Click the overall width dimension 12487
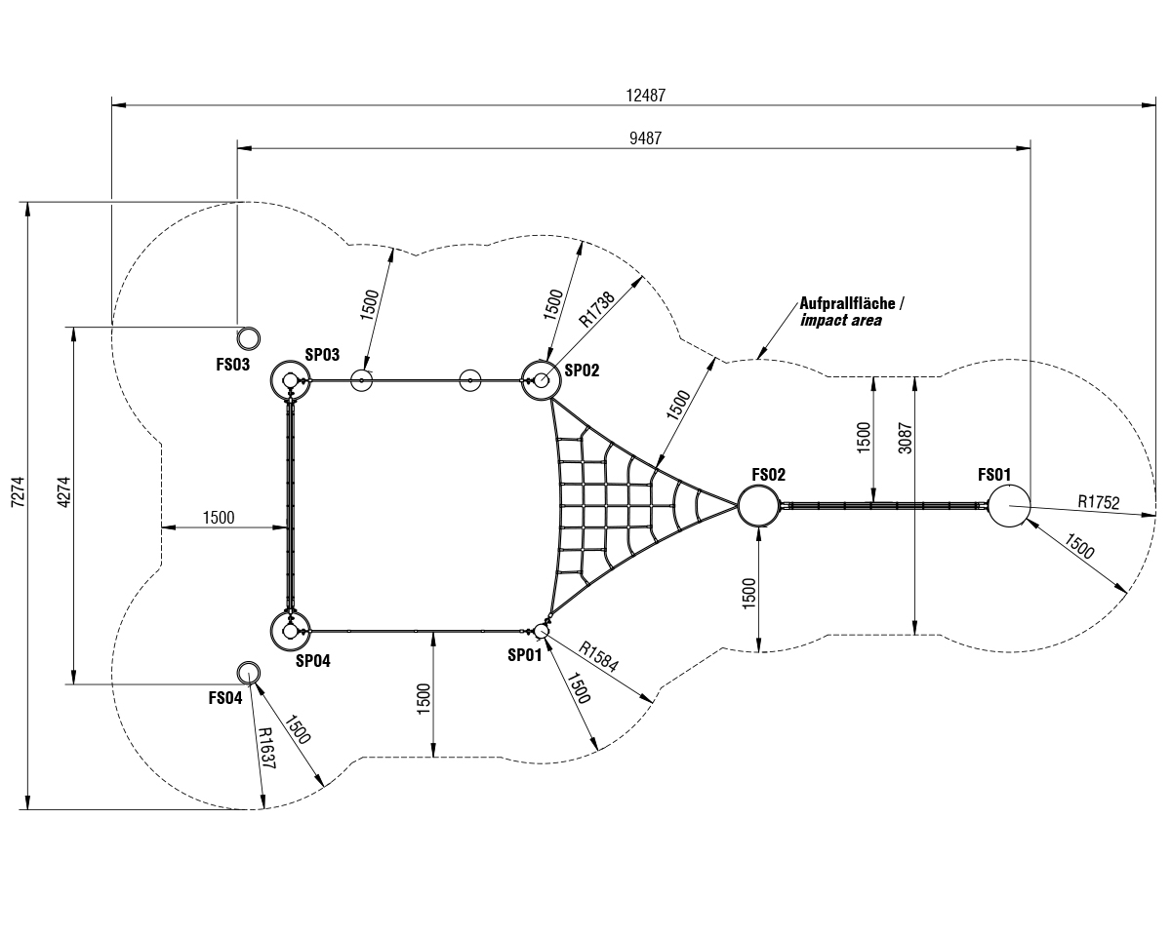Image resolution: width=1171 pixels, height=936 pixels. pos(645,95)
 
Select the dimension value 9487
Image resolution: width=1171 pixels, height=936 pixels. pos(645,138)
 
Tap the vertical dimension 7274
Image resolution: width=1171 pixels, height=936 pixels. pos(15,504)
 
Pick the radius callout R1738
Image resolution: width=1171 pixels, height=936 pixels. pos(596,308)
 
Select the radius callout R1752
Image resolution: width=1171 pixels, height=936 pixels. pos(1099,502)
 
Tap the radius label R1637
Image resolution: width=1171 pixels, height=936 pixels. pos(267,748)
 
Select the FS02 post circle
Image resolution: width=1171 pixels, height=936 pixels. pos(758,506)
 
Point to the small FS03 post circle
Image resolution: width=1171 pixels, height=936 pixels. pos(249,338)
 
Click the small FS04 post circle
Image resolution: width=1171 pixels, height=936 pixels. pos(249,672)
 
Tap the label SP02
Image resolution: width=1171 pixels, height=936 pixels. pos(583,370)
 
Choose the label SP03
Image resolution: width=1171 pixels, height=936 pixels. pos(322,355)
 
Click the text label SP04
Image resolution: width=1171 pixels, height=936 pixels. pos(312,660)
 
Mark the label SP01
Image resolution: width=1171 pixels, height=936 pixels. pos(524,655)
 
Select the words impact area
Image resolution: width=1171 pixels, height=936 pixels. pos(840,320)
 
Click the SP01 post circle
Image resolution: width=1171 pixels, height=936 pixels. pos(542,631)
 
